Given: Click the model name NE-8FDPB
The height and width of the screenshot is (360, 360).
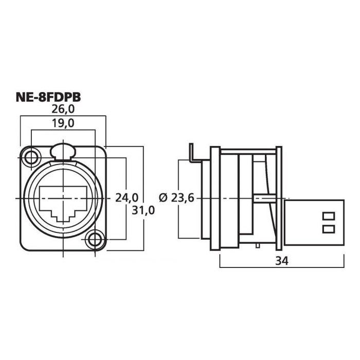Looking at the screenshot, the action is [48, 97].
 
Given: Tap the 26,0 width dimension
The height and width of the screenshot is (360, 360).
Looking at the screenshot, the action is [63, 109].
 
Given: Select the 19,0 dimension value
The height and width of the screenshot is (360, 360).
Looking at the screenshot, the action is [63, 123].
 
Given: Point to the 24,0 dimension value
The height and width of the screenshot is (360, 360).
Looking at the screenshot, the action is [127, 197].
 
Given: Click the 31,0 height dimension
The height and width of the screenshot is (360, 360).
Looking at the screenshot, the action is [143, 210].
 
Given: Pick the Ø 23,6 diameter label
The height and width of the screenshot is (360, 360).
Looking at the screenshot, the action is [176, 197].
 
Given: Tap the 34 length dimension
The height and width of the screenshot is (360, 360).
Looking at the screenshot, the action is [282, 261].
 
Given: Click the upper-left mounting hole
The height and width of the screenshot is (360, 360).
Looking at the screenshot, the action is [31, 158].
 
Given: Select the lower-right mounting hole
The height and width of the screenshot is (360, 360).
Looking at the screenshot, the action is [95, 240].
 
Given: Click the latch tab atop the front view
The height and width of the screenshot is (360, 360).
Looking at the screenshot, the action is [63, 151].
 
